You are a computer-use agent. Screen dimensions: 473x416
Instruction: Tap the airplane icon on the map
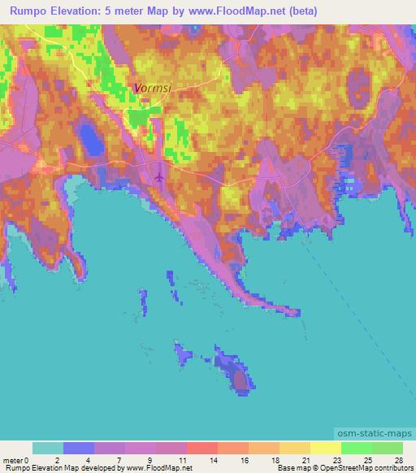click(x=159, y=175)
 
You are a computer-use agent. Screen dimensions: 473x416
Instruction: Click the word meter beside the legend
click(x=11, y=459)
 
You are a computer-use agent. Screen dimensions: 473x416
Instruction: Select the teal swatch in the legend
click(x=48, y=448)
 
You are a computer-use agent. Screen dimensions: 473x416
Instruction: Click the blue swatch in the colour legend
click(x=79, y=448)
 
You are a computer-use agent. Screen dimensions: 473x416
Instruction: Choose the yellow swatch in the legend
click(x=325, y=448)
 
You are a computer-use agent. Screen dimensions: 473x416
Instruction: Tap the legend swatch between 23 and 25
click(x=356, y=448)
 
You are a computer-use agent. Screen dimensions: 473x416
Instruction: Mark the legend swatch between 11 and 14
click(x=201, y=448)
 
